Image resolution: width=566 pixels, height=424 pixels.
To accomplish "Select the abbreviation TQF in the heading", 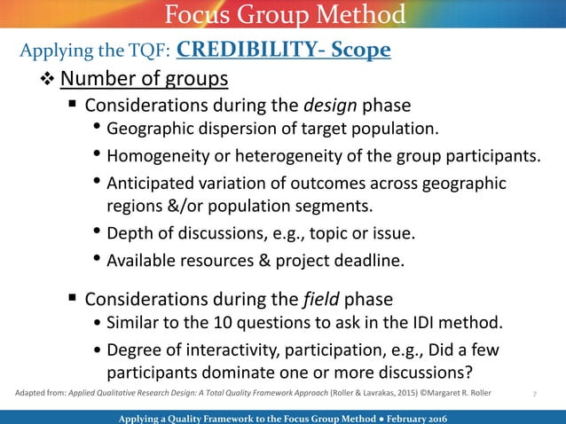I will [143, 51].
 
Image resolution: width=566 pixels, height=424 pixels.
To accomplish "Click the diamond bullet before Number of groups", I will [49, 81].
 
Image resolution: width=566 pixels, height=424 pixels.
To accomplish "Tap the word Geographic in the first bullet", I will [148, 131].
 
